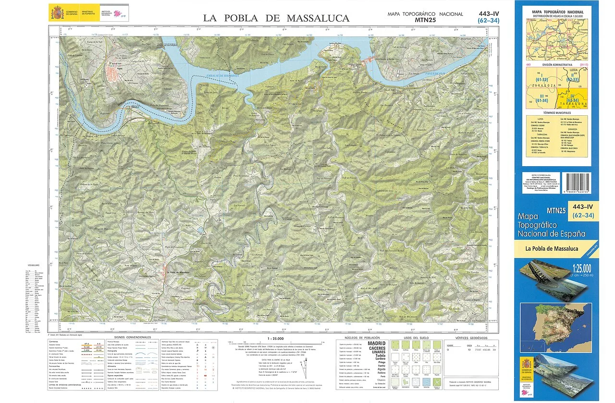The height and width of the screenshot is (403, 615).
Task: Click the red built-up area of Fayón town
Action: coord(113,73)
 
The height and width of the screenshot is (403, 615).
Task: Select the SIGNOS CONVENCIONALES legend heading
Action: coord(130,337)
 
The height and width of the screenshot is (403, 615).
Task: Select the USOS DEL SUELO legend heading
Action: coord(416,338)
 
